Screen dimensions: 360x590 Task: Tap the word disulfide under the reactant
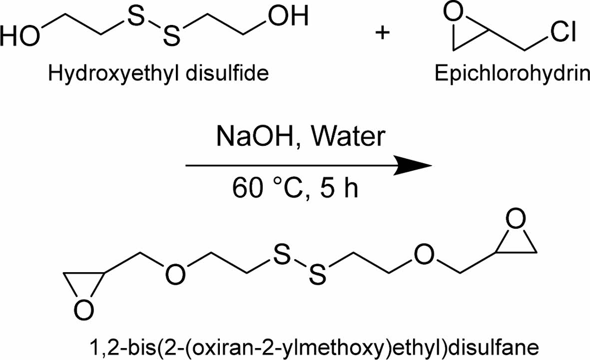coord(227,74)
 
